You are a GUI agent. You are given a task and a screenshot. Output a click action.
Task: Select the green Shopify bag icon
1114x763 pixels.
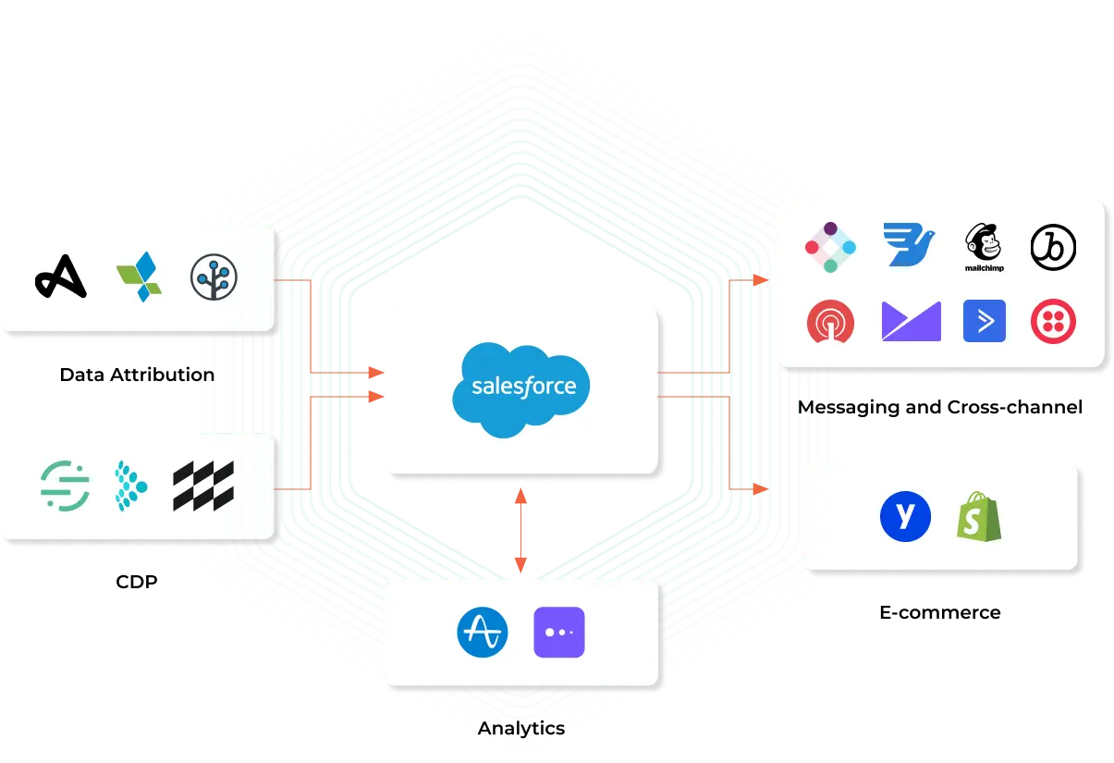(979, 516)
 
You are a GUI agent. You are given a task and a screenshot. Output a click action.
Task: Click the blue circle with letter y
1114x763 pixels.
(905, 516)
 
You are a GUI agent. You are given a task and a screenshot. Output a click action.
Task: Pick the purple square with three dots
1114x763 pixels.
(559, 633)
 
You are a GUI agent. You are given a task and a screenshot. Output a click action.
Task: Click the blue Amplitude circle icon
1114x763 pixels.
(484, 633)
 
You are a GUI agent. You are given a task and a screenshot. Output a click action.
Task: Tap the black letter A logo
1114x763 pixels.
(61, 275)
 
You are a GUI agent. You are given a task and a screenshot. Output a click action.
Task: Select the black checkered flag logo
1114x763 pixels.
(203, 486)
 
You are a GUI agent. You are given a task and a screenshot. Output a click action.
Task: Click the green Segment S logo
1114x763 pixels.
(66, 486)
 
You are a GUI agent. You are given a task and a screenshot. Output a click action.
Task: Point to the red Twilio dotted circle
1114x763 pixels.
(1054, 321)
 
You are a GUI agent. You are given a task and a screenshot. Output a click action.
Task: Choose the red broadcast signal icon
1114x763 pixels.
(830, 322)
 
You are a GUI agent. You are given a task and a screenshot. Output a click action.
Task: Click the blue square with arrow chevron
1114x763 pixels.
(985, 321)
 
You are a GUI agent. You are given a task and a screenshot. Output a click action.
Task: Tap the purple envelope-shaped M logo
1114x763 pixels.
(911, 321)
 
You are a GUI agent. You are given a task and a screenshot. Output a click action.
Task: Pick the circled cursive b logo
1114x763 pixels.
(1054, 246)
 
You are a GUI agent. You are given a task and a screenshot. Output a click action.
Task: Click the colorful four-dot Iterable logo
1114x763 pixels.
(830, 247)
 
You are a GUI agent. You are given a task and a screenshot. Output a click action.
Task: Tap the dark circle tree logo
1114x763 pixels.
(214, 277)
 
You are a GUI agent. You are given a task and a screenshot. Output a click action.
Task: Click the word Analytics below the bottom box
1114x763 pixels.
(521, 729)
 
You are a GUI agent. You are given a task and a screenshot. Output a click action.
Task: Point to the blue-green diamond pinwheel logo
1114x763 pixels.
(139, 277)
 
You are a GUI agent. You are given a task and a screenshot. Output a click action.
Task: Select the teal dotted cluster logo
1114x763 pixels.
(130, 486)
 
